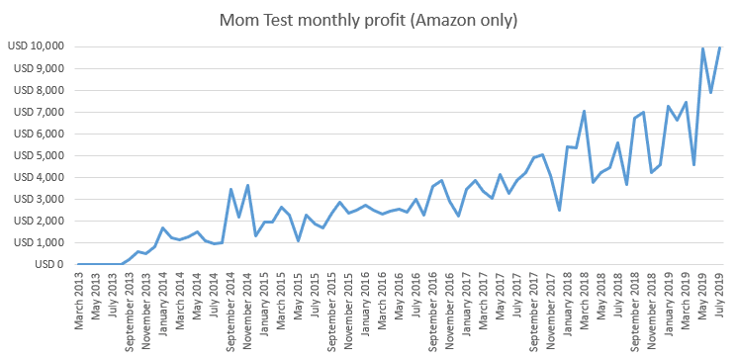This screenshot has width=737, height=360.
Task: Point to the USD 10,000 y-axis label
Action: tap(36, 46)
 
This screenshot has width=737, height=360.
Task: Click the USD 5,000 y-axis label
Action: tap(38, 155)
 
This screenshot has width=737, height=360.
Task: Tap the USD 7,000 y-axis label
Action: tap(38, 112)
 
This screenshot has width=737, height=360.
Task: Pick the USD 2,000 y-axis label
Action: tap(38, 221)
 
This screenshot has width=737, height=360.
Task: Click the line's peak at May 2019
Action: tap(702, 48)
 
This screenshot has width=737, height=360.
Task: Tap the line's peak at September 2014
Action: tap(230, 189)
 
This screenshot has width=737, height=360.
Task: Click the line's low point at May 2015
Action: tap(298, 240)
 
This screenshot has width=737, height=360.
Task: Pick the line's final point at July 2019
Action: tap(719, 46)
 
